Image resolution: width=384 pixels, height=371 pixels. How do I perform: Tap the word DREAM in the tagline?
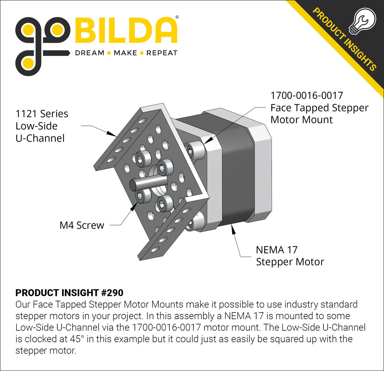coord(90,53)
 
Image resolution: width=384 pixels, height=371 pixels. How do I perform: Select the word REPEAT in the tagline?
coord(162,53)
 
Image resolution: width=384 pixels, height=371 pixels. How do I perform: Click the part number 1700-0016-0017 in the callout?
coord(307,95)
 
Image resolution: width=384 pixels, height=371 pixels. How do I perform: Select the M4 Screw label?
coord(82,225)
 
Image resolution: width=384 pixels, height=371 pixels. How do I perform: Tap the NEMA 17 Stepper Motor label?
coord(290,256)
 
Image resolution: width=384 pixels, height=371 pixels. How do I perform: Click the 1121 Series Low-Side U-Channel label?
coord(41,126)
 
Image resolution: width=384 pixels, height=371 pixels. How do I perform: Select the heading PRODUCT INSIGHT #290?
coord(69,293)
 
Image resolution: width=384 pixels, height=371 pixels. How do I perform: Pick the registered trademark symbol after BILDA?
coord(177,17)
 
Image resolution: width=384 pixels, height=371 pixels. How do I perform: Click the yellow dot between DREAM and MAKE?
coord(109,53)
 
